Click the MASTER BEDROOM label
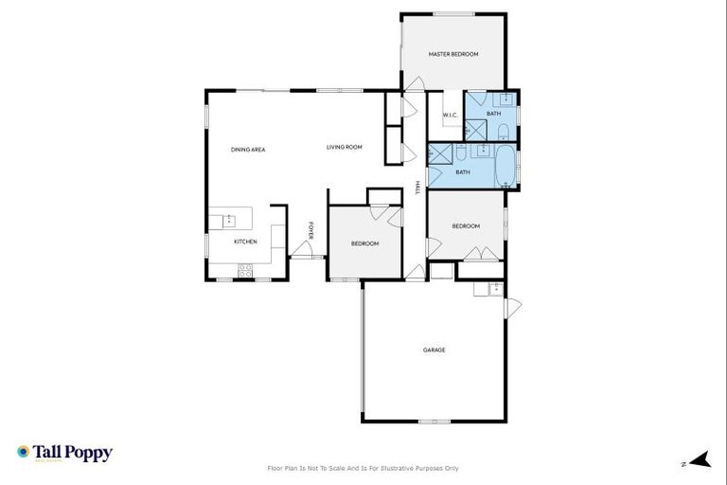pyautogui.click(x=452, y=55)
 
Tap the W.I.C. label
pyautogui.click(x=450, y=116)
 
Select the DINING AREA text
pyautogui.click(x=248, y=150)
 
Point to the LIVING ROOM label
pyautogui.click(x=345, y=147)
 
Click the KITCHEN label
pyautogui.click(x=245, y=242)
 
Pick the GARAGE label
pyautogui.click(x=434, y=350)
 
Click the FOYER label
pyautogui.click(x=311, y=230)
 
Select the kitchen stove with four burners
pyautogui.click(x=245, y=269)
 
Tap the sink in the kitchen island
pyautogui.click(x=228, y=221)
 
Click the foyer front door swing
pyautogui.click(x=303, y=249)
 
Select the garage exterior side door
pyautogui.click(x=512, y=308)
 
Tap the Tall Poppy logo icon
pyautogui.click(x=24, y=453)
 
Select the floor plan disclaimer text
pyautogui.click(x=363, y=468)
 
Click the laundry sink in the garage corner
pyautogui.click(x=494, y=288)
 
